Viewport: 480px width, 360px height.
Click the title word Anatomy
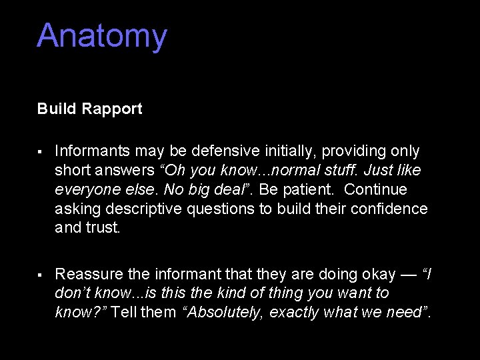click(x=102, y=36)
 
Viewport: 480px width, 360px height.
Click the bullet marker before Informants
click(x=41, y=152)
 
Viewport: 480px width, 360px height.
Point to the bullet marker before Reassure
click(x=41, y=275)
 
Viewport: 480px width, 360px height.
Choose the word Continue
click(x=375, y=190)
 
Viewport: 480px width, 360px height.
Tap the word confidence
click(x=390, y=209)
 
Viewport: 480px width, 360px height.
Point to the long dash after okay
click(x=409, y=274)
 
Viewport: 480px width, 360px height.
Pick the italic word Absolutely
click(x=224, y=313)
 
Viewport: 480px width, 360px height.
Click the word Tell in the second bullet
click(x=125, y=313)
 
